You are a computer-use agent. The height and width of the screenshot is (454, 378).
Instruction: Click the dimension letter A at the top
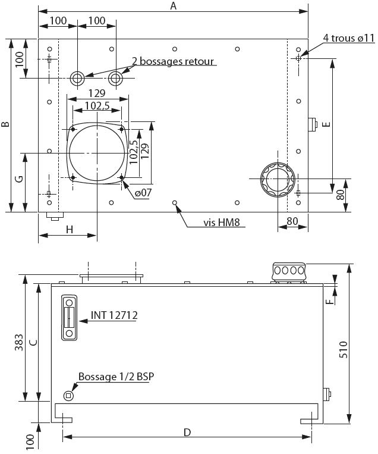click(174, 6)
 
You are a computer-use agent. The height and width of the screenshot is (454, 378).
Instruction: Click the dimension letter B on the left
click(5, 125)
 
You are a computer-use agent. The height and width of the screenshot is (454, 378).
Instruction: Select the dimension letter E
click(325, 126)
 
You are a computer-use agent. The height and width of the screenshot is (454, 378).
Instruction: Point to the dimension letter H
click(69, 230)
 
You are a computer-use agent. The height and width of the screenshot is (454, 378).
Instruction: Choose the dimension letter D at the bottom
click(187, 433)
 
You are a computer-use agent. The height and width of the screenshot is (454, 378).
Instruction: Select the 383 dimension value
click(18, 343)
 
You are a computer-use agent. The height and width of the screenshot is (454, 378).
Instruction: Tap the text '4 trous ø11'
click(349, 38)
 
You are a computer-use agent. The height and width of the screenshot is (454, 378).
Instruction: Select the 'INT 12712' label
click(114, 315)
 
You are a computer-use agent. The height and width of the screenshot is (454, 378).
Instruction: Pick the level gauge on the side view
click(70, 317)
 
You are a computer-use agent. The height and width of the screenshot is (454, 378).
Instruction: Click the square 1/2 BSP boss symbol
click(69, 395)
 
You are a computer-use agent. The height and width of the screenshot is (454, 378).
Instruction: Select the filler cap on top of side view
click(288, 271)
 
